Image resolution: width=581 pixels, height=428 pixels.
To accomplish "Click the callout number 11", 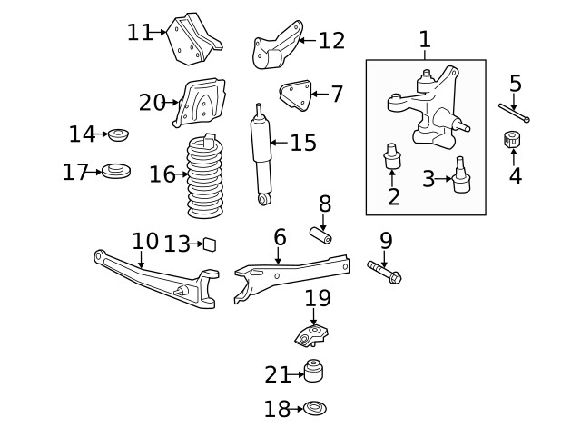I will [x=139, y=33].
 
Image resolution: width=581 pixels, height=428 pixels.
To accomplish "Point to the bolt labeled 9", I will [x=385, y=270].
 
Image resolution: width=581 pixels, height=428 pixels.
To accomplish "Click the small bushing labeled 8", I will [x=320, y=234].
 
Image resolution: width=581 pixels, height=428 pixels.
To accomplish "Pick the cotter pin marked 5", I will [x=513, y=113].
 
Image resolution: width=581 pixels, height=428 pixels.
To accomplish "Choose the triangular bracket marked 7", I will [x=295, y=95].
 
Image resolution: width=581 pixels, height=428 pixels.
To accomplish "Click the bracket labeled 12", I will [x=275, y=47].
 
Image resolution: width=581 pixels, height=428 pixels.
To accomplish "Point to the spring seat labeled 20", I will [x=202, y=103].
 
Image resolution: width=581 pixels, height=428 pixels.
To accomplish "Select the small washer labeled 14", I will [x=118, y=135].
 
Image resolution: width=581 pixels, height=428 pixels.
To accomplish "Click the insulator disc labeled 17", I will [x=115, y=171].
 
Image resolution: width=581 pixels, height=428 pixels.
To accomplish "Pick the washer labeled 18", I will [x=314, y=410].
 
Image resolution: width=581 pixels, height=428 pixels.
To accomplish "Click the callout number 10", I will [x=144, y=242].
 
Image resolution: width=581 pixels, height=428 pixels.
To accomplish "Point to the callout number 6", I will [x=280, y=238].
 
